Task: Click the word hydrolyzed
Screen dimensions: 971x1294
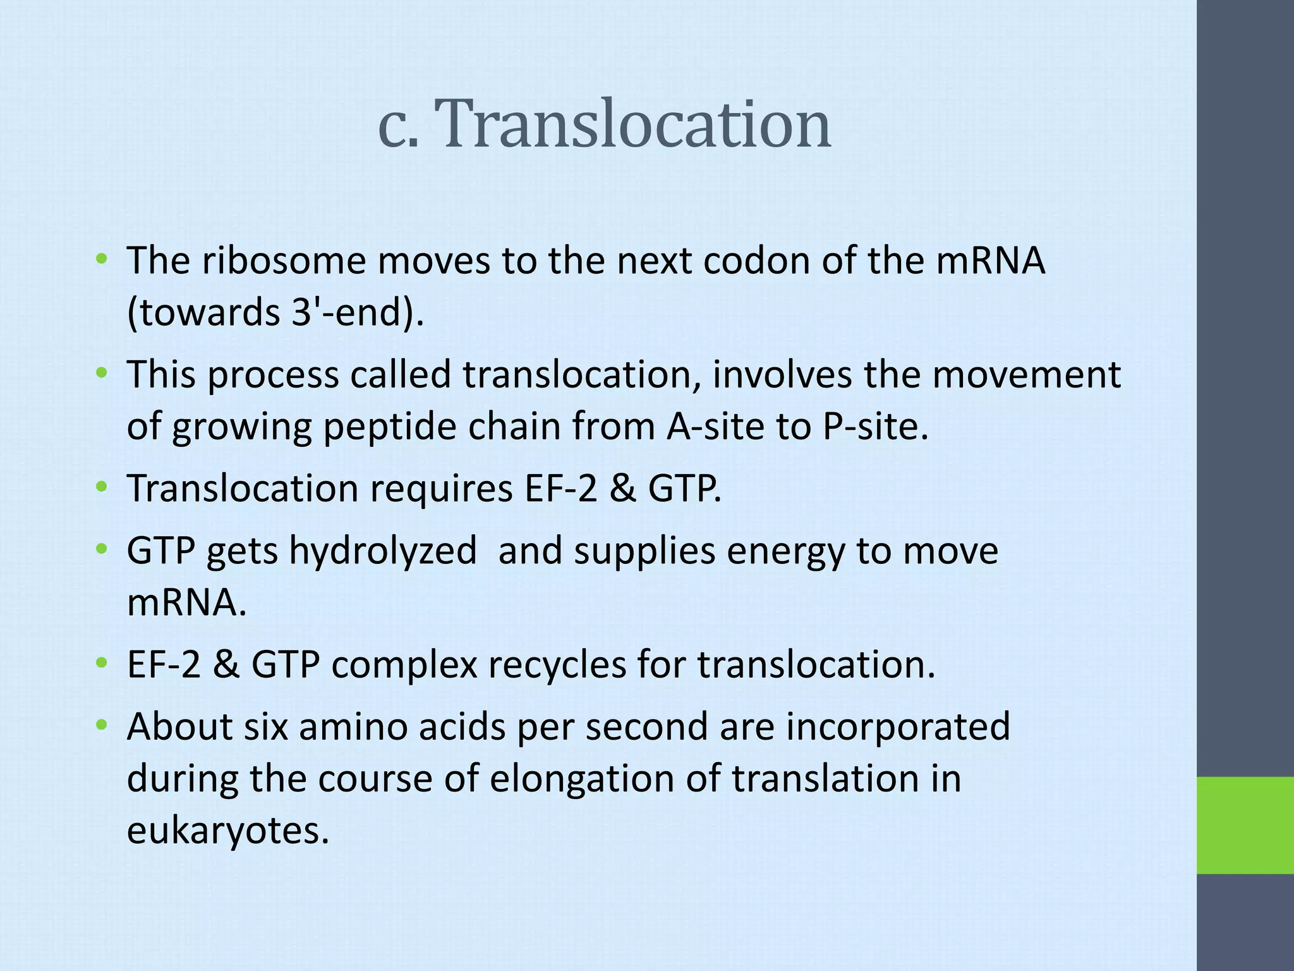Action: pos(383,551)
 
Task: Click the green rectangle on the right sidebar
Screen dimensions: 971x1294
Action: pos(1245,825)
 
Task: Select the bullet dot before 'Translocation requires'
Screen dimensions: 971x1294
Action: pos(101,487)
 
